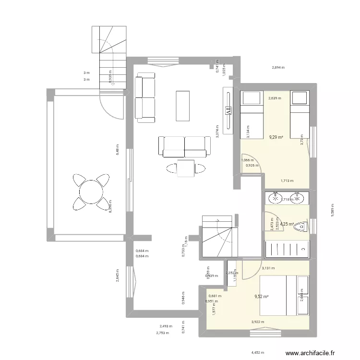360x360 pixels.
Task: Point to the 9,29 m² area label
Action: point(276,137)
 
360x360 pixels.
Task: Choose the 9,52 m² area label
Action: point(262,296)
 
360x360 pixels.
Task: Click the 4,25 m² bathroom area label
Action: point(287,224)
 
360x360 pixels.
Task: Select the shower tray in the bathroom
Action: point(287,248)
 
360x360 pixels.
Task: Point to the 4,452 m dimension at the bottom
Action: point(258,352)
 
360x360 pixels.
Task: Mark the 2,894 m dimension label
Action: point(278,68)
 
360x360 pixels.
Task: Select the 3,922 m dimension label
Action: point(258,322)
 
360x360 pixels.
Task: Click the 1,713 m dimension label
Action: point(287,181)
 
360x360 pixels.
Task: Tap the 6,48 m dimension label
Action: point(117,149)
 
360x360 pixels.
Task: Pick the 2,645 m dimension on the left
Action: point(118,276)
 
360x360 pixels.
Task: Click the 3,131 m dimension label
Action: point(268,268)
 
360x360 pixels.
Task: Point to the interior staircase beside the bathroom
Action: point(218,237)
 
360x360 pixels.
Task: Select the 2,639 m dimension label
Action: point(275,98)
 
